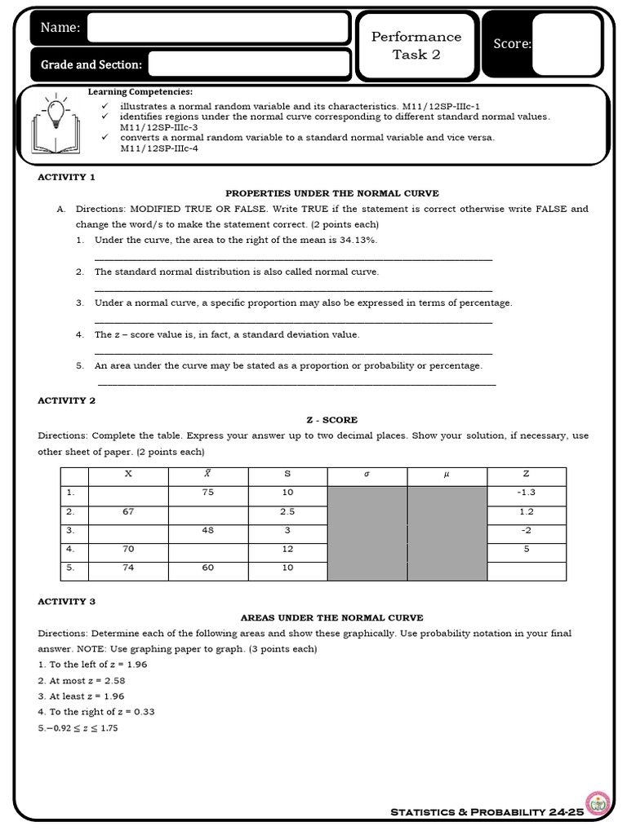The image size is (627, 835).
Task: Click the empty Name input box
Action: tap(218, 27)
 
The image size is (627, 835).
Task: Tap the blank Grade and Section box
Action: tap(249, 64)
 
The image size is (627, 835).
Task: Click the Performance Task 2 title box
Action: tap(416, 46)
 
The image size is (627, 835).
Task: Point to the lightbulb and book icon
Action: tap(56, 125)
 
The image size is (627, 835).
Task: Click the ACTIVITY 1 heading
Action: tap(67, 177)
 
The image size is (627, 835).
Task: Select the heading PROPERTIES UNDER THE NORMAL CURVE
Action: tap(331, 193)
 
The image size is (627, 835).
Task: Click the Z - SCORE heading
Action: tap(331, 420)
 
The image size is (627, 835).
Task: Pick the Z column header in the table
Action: tap(526, 474)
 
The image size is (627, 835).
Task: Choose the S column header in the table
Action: tap(287, 474)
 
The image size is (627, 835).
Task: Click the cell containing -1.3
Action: tap(526, 493)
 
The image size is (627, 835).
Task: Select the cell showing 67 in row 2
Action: tap(128, 512)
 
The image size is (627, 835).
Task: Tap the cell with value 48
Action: tap(207, 530)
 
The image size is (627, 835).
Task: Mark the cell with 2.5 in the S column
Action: tap(287, 512)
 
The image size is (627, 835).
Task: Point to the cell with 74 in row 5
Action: tap(128, 568)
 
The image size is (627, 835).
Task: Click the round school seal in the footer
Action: tap(598, 803)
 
